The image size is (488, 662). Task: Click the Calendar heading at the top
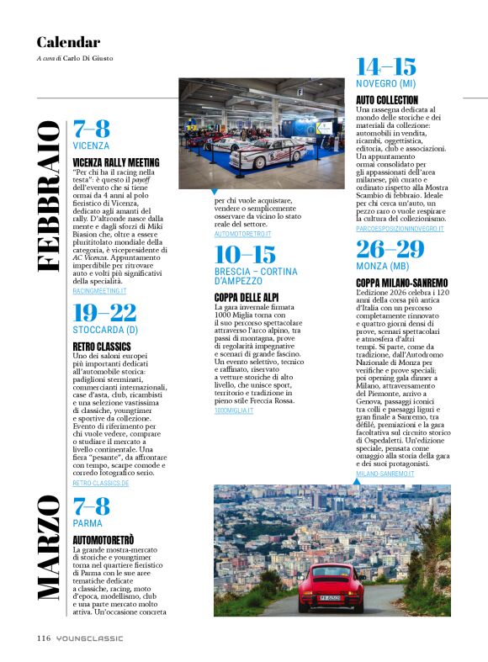coord(68,42)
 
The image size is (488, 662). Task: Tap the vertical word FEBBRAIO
coord(49,195)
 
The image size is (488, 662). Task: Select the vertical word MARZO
coord(49,548)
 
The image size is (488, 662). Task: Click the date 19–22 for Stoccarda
coord(104,313)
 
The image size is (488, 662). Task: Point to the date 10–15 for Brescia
coord(245,255)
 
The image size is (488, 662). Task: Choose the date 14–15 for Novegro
coord(386,66)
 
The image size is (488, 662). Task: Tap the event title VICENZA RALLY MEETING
coord(114,162)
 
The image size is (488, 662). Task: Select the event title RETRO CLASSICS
coord(102,346)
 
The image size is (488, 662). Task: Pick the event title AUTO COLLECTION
coord(387,100)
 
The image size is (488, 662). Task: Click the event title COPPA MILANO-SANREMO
coord(401,282)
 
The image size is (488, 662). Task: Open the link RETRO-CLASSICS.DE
coord(101,484)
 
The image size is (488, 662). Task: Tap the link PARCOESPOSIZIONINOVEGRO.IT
coord(400,229)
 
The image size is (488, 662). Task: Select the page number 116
coord(44,638)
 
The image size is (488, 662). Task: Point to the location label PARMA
coord(88,523)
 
